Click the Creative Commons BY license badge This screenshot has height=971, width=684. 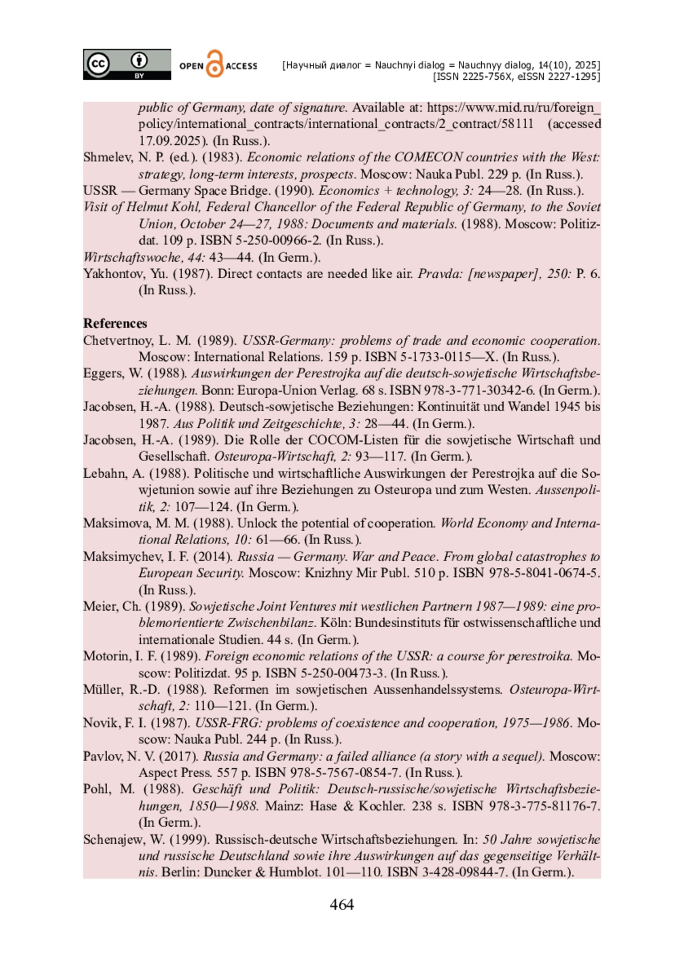(x=127, y=64)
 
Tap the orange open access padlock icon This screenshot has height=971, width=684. (x=214, y=64)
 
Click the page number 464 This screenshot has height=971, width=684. (x=341, y=905)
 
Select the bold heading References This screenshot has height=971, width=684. (x=115, y=323)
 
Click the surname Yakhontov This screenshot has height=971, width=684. (x=111, y=274)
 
